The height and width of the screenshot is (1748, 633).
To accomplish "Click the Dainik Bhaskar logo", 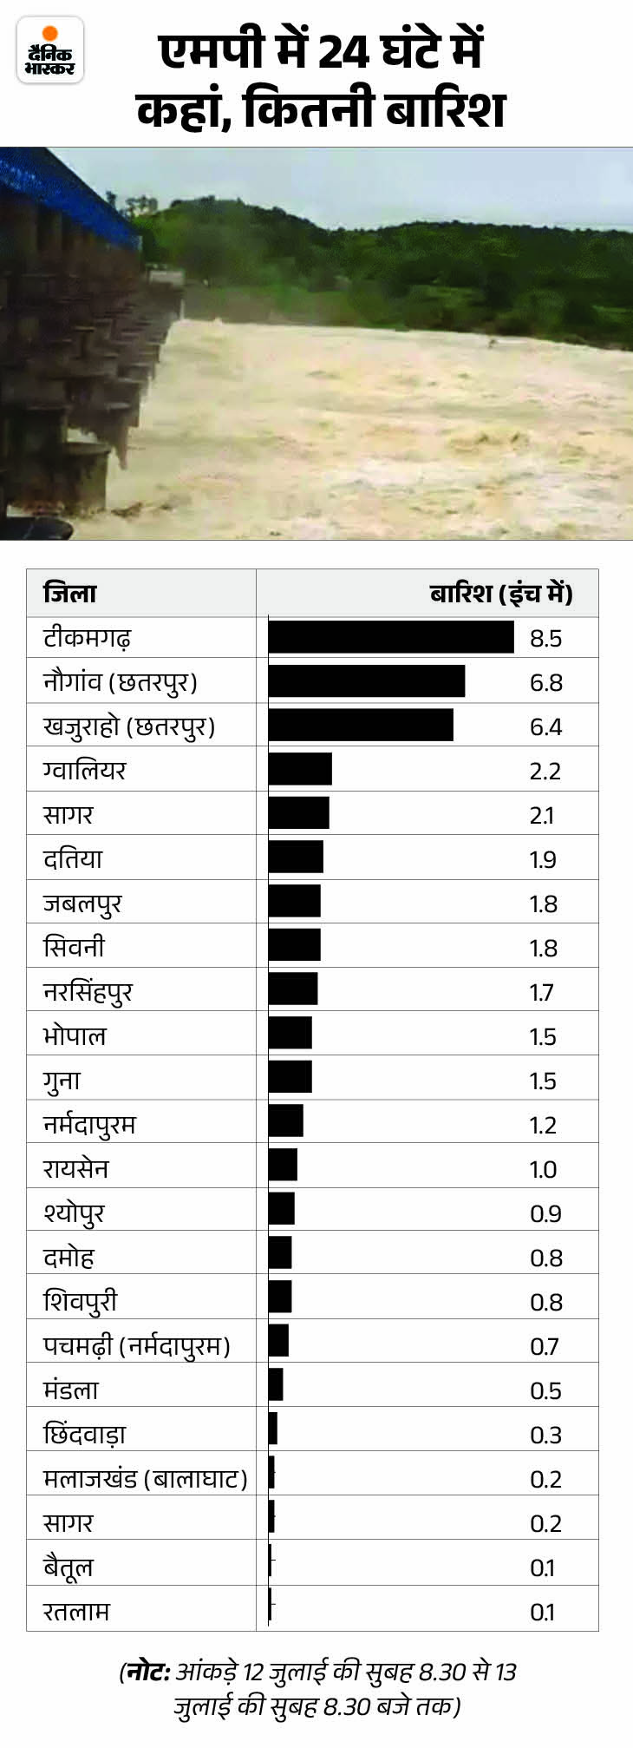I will click(50, 50).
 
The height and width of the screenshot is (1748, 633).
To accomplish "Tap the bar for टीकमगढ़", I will click(390, 637).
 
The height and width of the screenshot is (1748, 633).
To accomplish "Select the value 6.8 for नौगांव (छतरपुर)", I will click(545, 682).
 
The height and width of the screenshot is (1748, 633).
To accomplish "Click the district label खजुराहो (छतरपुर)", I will click(128, 726).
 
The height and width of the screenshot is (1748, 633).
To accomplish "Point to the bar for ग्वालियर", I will click(300, 770).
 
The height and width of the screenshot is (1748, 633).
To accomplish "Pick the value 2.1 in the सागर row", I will click(542, 815).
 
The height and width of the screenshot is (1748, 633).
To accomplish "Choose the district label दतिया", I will click(73, 858).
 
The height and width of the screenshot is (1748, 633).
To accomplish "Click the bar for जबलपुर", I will click(294, 903).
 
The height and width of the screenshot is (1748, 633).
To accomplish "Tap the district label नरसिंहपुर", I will click(88, 991).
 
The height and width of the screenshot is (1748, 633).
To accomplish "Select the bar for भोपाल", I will click(290, 1035).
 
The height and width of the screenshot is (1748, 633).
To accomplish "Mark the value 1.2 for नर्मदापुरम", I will click(544, 1125).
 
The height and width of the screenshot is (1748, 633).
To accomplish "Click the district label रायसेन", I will click(76, 1168).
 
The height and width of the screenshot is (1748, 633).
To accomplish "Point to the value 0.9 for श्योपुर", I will click(545, 1213).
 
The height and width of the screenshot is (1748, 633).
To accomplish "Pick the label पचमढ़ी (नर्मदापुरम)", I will click(136, 1345).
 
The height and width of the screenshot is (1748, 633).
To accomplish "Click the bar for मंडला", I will click(276, 1390).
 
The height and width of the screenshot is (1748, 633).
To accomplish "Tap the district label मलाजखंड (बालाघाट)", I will click(145, 1478).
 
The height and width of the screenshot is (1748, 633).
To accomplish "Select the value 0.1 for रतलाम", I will click(542, 1612).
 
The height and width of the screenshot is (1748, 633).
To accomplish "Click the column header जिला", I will click(69, 594).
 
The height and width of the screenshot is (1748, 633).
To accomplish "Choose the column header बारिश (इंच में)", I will click(500, 594).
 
